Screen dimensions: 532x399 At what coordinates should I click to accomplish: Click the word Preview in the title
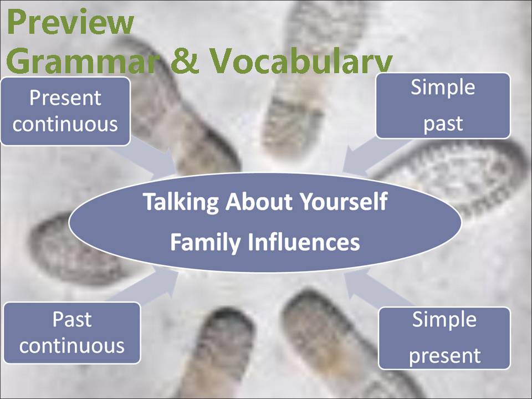coord(70,22)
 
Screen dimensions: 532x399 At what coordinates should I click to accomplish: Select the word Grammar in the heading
coord(83,60)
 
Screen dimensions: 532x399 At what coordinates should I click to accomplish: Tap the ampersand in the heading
coord(184,60)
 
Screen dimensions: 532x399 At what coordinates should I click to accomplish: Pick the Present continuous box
coord(65,111)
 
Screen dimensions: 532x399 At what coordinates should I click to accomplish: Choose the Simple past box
coord(443,105)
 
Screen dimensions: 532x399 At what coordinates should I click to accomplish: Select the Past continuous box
coord(72,333)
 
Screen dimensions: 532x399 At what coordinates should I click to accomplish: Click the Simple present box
coord(444,338)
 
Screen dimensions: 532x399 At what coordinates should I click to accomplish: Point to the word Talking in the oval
coord(181,202)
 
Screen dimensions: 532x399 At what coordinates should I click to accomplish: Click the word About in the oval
coord(259,202)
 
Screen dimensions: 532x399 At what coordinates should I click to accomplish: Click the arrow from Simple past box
coord(373,157)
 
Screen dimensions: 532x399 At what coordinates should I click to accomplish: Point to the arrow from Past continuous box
coord(146,285)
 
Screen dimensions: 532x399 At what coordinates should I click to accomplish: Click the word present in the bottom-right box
coord(444,356)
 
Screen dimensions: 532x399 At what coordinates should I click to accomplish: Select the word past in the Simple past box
coord(443,124)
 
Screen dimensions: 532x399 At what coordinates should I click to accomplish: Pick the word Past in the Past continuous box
coord(72,319)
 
